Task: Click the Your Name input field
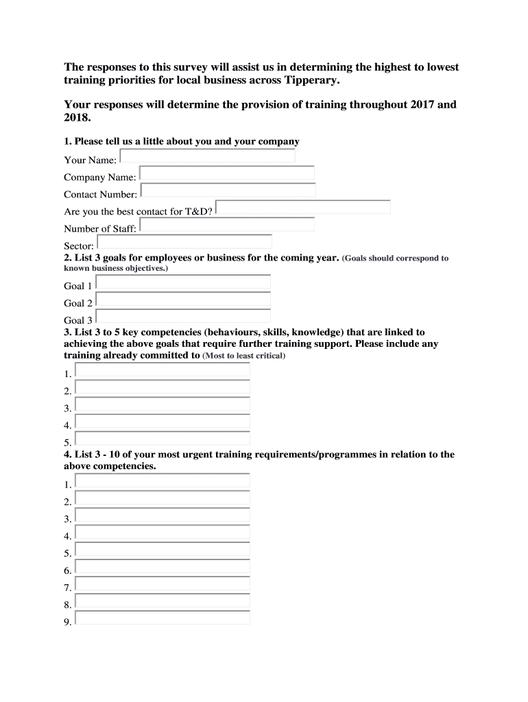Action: (x=207, y=156)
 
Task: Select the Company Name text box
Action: (x=227, y=173)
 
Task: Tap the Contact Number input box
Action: (x=228, y=191)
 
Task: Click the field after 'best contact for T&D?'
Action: (x=303, y=208)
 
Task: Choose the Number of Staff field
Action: (x=227, y=225)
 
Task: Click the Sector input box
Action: (x=184, y=242)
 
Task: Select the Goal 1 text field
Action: (x=183, y=282)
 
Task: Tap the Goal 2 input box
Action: (x=183, y=300)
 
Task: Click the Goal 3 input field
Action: (x=183, y=317)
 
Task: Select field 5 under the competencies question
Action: (x=163, y=439)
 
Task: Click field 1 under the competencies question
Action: (x=163, y=370)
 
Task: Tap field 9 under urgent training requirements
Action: (x=163, y=618)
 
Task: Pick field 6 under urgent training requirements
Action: (x=163, y=567)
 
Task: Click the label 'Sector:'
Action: (x=79, y=246)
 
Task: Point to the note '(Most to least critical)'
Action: (x=244, y=356)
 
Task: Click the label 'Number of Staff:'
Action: (x=100, y=229)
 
